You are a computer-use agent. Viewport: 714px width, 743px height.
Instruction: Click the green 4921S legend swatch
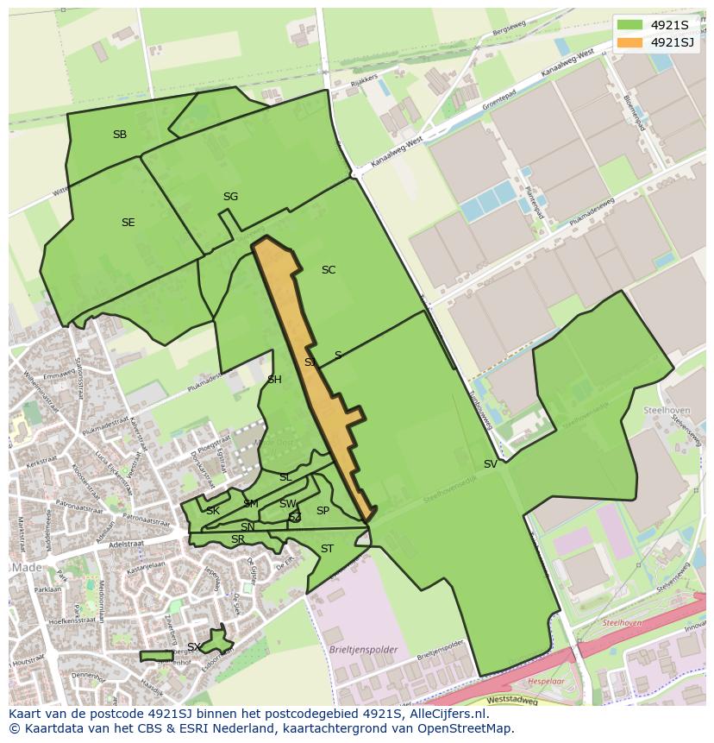(630, 25)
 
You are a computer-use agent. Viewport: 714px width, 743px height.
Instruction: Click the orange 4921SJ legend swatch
(630, 42)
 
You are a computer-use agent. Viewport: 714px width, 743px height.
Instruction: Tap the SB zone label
(120, 135)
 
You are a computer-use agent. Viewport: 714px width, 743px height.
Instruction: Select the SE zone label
(128, 223)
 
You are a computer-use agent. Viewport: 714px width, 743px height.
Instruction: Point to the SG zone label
(230, 197)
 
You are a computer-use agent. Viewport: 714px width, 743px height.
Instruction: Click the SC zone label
(328, 270)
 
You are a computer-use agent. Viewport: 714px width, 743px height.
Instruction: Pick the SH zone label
(274, 380)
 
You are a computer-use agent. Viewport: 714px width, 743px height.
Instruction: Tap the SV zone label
(490, 464)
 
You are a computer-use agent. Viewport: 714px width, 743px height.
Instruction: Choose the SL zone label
(285, 477)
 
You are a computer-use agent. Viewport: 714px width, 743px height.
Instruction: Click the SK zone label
(213, 511)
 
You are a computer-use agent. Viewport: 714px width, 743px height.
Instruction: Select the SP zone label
(323, 511)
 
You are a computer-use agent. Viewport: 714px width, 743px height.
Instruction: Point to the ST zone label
(327, 549)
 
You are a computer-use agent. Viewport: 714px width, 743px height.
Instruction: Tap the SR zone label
(238, 540)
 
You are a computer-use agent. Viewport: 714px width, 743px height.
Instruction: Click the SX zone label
(194, 647)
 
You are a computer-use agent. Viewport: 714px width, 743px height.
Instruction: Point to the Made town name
(27, 567)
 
